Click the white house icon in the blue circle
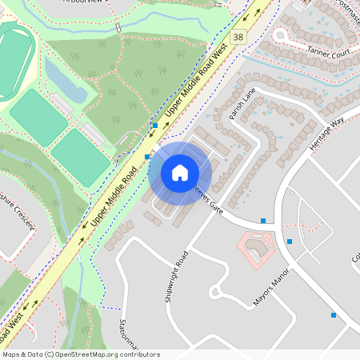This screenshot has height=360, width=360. tap(180, 172)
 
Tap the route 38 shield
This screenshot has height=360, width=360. tap(237, 37)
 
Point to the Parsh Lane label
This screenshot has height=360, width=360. tap(241, 104)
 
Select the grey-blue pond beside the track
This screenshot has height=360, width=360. tap(64, 80)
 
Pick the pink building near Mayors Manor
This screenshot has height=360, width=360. tap(257, 249)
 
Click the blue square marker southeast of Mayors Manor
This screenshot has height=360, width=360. tap(334, 315)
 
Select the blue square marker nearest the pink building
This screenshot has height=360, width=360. tap(290, 242)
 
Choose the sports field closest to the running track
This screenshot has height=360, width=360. tap(38, 116)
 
